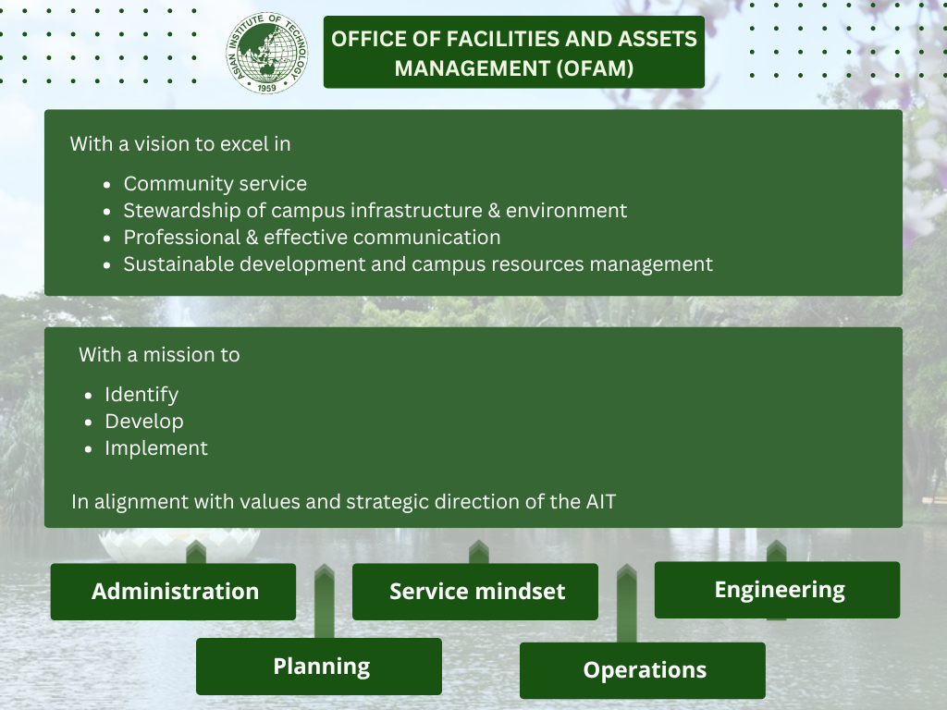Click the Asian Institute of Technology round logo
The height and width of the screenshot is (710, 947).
click(267, 53)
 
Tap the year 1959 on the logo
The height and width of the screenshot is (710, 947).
click(267, 88)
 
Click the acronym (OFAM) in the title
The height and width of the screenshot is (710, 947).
click(595, 68)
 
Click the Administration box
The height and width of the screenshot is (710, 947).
click(173, 592)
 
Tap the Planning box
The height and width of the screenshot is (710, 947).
click(319, 667)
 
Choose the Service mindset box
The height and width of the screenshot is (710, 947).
click(475, 592)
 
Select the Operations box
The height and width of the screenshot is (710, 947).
click(643, 670)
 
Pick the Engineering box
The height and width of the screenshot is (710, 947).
click(777, 590)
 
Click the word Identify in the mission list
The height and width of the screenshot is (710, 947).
click(141, 395)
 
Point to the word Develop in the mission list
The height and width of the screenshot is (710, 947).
click(144, 422)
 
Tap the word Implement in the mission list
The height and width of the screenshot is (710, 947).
click(156, 448)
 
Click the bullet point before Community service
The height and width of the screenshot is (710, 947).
click(107, 185)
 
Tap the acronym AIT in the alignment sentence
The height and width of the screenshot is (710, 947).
click(601, 502)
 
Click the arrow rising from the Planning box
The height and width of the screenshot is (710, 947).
click(325, 601)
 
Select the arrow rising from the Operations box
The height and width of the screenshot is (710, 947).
click(627, 603)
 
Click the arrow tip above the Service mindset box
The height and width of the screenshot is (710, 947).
click(479, 541)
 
